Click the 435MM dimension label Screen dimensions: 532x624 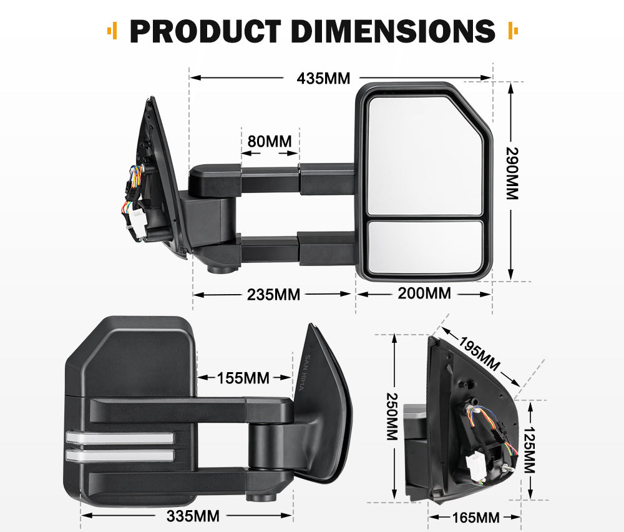pyautogui.click(x=323, y=79)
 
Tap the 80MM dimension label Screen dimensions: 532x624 pyautogui.click(x=270, y=141)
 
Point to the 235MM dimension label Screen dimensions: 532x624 pyautogui.click(x=273, y=294)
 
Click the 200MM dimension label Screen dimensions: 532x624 pyautogui.click(x=424, y=293)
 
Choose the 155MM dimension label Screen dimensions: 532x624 pyautogui.click(x=243, y=378)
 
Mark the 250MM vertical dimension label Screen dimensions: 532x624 pyautogui.click(x=392, y=416)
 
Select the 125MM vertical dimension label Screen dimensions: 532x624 pyautogui.click(x=529, y=450)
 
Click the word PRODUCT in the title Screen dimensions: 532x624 pyautogui.click(x=206, y=31)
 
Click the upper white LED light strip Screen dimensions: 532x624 pyautogui.click(x=119, y=438)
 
